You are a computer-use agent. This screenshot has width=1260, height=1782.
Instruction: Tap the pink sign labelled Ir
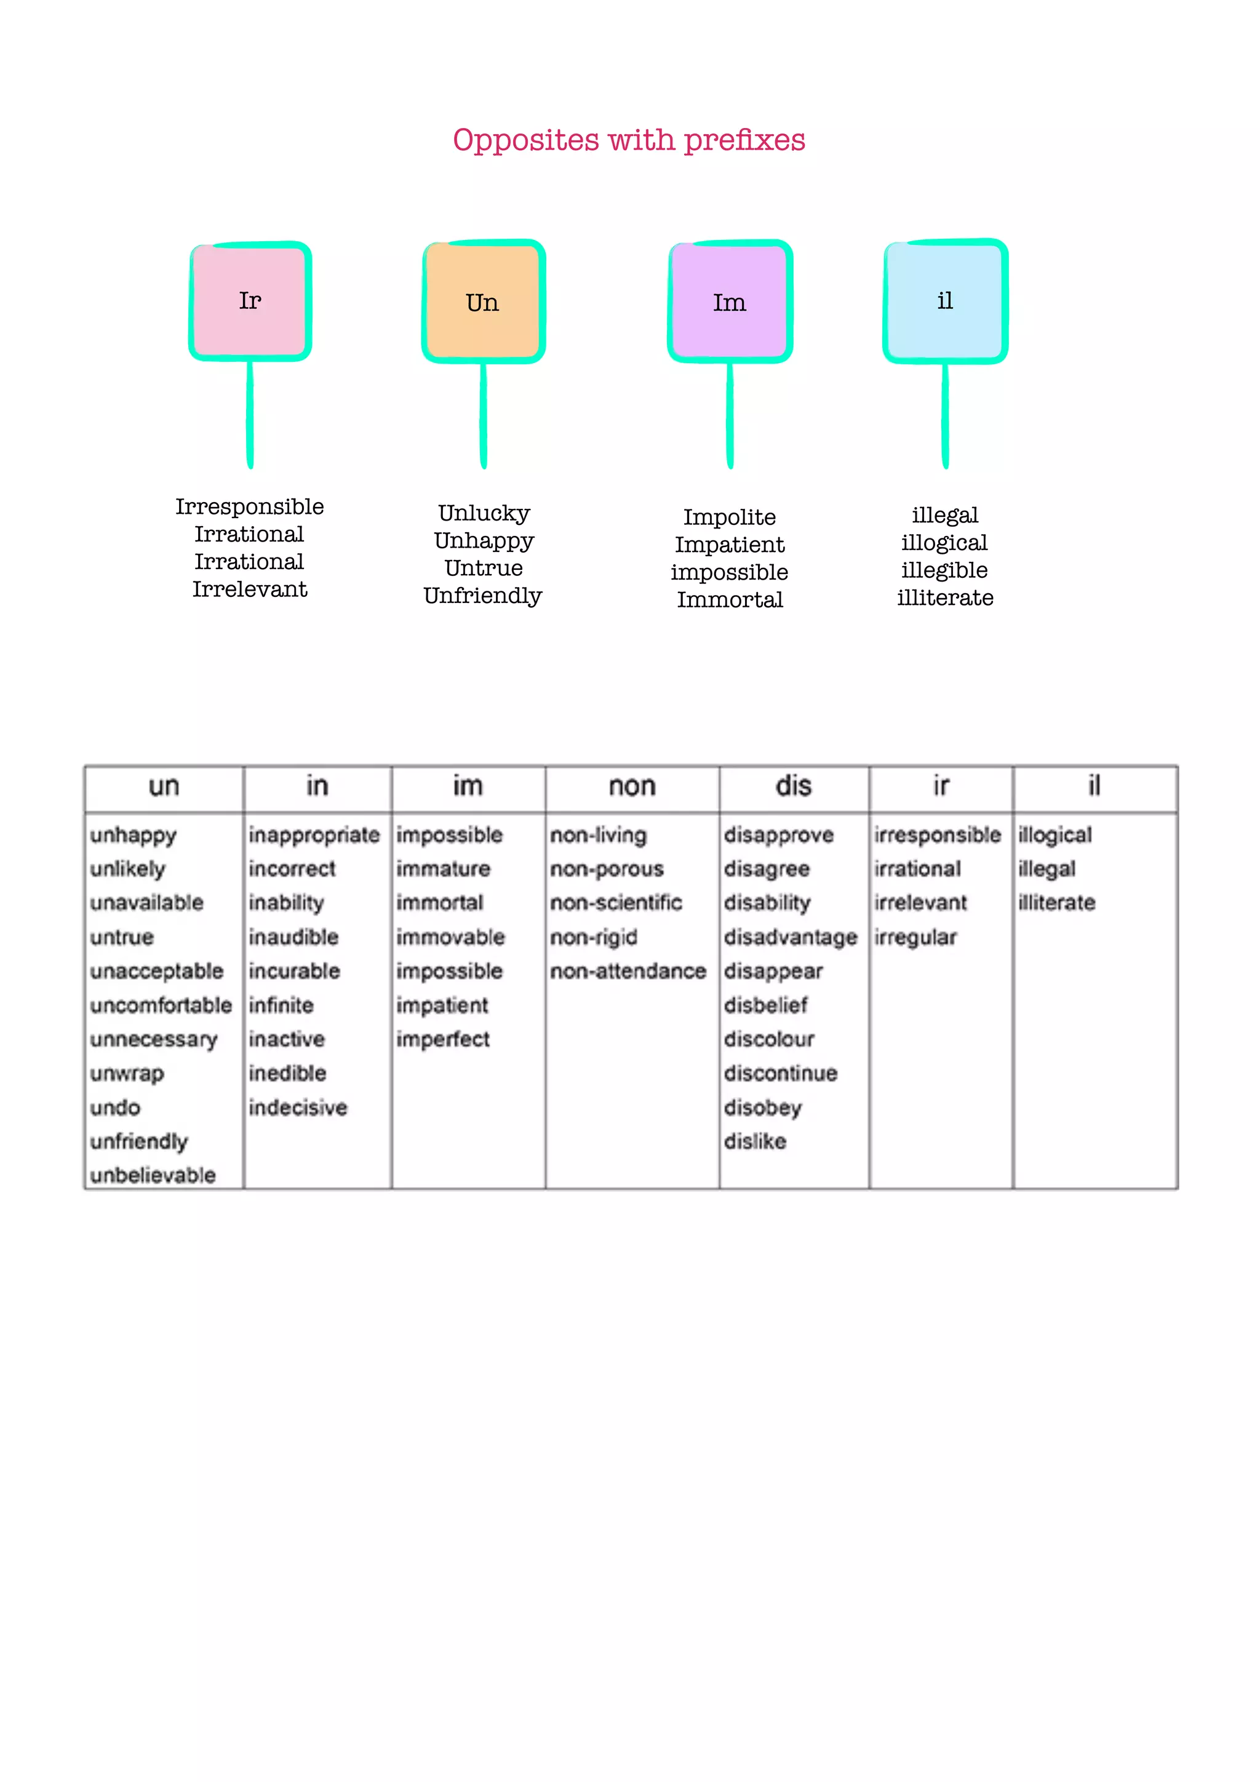tap(250, 301)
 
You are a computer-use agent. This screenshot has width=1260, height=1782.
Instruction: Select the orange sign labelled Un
tap(482, 302)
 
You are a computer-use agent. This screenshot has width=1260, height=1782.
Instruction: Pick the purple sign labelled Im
tap(729, 302)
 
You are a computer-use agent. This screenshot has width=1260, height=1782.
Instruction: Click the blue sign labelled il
tap(945, 301)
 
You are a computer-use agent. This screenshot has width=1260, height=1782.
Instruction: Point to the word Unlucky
tap(484, 513)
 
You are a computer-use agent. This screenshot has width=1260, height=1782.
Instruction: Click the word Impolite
tap(729, 517)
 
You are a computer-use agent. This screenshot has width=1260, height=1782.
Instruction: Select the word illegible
tap(944, 570)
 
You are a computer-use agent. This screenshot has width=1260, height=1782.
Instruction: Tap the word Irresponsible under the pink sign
tap(250, 507)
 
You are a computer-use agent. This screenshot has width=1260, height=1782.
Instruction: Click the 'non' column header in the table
tap(632, 787)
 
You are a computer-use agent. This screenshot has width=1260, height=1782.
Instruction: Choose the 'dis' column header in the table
tap(794, 787)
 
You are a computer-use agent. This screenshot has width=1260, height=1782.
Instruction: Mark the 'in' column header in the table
tap(317, 787)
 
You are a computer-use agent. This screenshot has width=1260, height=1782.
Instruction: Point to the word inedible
tap(287, 1073)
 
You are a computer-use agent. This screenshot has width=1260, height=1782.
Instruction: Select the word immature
tap(443, 869)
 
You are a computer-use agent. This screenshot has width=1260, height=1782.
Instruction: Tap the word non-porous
tap(607, 869)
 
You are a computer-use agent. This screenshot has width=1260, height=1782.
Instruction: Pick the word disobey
tap(763, 1108)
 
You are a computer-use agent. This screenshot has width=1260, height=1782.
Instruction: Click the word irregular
tap(915, 938)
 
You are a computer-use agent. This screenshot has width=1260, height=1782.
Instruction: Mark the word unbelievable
tap(153, 1176)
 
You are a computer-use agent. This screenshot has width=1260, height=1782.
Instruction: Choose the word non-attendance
tap(628, 972)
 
